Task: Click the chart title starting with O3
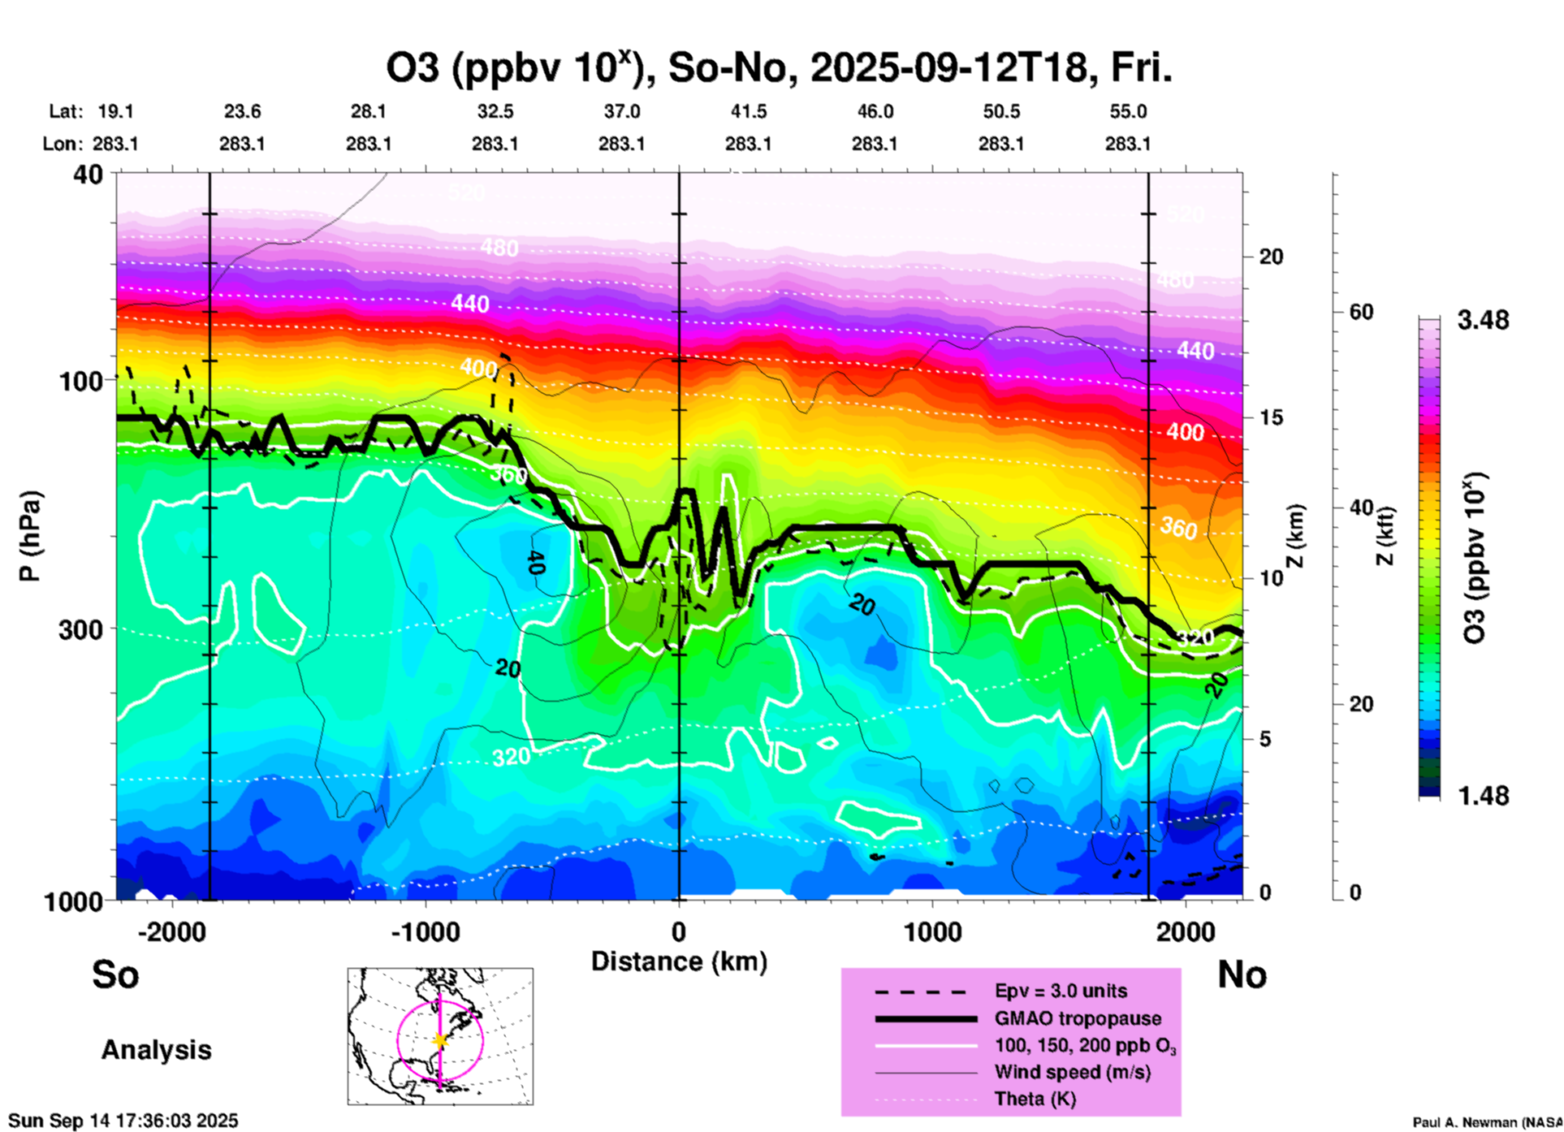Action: pos(778,68)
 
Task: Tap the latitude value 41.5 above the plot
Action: pos(748,111)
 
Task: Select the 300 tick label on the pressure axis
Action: pos(80,629)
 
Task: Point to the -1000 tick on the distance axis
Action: pos(426,931)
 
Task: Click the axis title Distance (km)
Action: pos(679,961)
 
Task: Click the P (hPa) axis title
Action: pos(31,536)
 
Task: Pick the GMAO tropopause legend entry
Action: pos(1078,1018)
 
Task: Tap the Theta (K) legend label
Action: pos(1035,1099)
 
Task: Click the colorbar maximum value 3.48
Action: pos(1483,321)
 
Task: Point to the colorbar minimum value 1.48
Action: pos(1483,796)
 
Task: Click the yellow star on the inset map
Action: pos(440,1040)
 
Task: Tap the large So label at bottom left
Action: pos(115,974)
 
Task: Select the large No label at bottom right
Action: pos(1242,974)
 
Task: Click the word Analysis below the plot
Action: pos(156,1050)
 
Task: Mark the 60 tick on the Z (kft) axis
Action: pos(1360,312)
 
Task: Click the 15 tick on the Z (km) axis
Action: pos(1271,417)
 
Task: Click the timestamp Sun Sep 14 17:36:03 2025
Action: pos(123,1121)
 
